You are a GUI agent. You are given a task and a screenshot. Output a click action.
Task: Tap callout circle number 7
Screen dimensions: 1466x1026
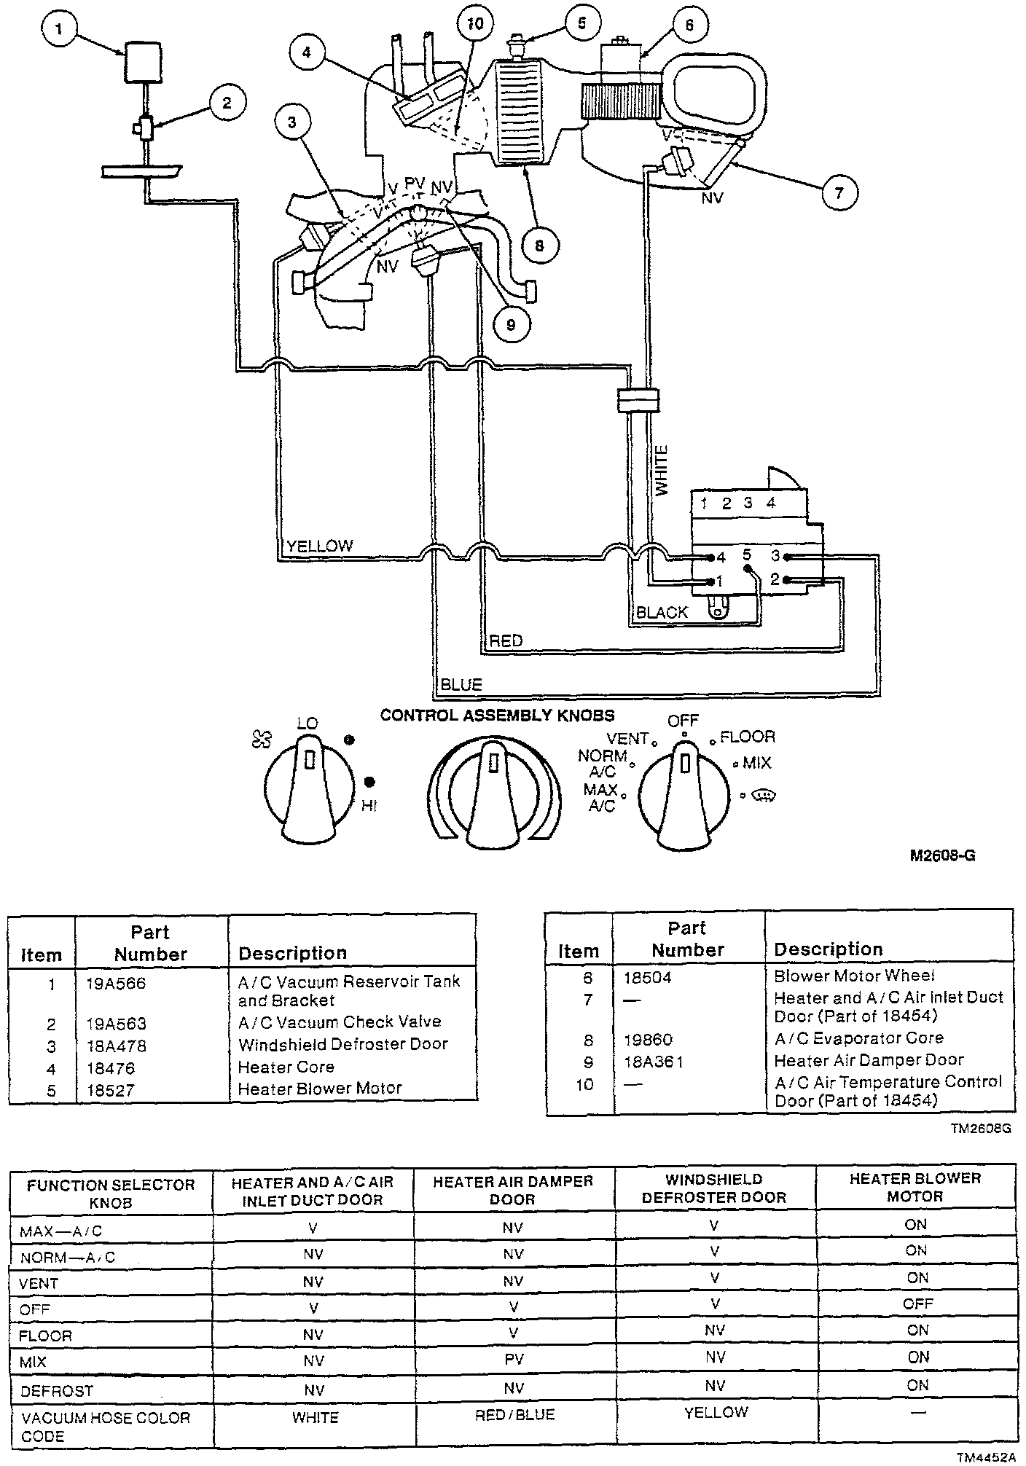point(839,192)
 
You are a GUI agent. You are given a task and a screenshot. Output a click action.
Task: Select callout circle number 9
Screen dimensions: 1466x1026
point(510,324)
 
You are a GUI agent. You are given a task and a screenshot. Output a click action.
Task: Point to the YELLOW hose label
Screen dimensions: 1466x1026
point(320,546)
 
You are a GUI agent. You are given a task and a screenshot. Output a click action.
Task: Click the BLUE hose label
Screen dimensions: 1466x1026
point(461,685)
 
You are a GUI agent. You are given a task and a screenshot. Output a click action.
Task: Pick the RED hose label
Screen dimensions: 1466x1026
point(506,641)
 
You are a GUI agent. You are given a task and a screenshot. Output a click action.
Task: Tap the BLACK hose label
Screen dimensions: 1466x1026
point(662,613)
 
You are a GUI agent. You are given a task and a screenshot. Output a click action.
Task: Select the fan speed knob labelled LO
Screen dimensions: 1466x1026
point(308,791)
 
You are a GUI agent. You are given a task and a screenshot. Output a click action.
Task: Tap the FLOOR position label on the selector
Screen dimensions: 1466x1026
point(748,737)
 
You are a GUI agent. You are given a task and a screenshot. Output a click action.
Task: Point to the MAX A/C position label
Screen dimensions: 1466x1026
point(600,799)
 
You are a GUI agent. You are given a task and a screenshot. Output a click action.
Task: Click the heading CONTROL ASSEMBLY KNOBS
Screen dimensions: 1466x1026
point(497,716)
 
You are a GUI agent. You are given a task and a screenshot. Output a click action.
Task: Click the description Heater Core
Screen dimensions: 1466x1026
point(286,1067)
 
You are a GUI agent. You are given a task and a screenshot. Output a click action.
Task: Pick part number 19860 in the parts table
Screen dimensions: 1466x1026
point(648,1040)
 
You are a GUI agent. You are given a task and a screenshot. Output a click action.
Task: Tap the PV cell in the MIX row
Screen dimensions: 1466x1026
point(514,1359)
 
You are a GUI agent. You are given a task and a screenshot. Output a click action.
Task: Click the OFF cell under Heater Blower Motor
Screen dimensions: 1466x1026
point(917,1304)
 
